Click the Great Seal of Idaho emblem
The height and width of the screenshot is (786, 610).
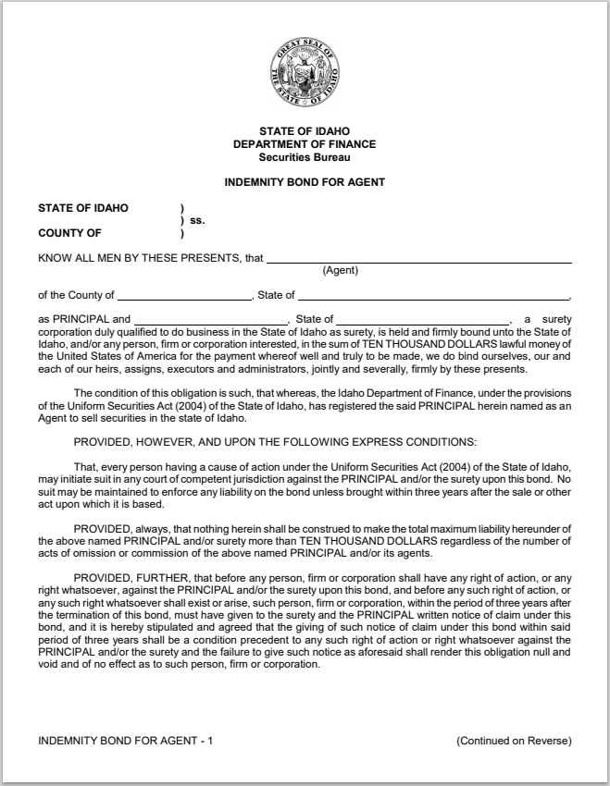tap(305, 71)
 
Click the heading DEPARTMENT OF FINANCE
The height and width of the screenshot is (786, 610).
tap(305, 144)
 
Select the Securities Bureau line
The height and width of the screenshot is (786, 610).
tap(305, 156)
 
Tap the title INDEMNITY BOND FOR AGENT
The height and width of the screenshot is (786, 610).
tap(305, 182)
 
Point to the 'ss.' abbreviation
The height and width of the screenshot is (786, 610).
tap(196, 221)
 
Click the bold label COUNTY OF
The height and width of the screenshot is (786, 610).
tap(69, 234)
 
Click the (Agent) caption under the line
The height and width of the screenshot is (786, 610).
tap(340, 270)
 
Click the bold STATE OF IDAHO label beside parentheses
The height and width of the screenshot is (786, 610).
tap(83, 208)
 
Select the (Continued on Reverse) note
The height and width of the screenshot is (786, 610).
tap(514, 741)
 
